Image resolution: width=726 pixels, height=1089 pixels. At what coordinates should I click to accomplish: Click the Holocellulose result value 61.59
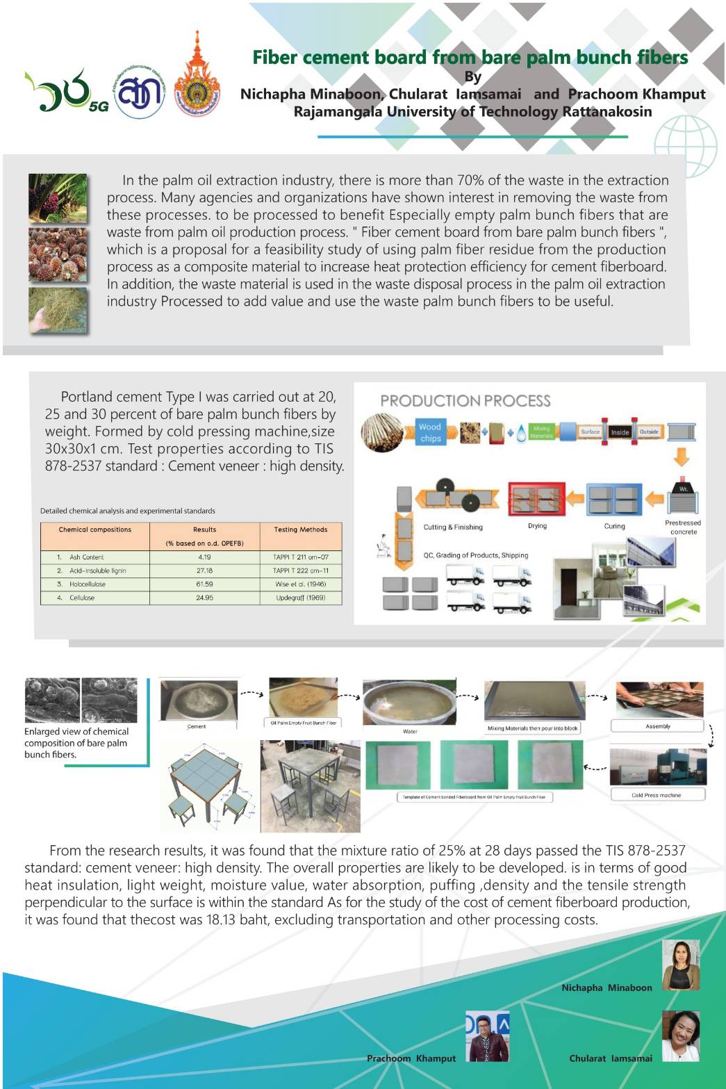204,584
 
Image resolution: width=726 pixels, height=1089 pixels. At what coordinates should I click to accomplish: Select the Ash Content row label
86,557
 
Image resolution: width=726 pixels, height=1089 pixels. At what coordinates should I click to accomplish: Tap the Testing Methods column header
300,530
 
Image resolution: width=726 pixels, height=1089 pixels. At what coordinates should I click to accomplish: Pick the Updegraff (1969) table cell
300,598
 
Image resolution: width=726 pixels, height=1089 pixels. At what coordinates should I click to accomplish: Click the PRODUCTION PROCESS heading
465,401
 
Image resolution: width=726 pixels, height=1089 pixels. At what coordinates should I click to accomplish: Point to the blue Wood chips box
430,432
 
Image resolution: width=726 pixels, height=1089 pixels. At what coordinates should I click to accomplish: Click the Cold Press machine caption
657,795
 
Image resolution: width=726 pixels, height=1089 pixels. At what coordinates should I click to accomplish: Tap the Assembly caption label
657,726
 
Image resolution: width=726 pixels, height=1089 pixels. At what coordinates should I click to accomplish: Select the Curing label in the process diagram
614,526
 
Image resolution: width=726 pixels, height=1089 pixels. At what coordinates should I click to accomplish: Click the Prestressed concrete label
683,527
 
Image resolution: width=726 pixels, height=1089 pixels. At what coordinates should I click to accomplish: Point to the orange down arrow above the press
682,457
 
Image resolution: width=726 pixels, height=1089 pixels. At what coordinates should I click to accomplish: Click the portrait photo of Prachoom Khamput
488,1036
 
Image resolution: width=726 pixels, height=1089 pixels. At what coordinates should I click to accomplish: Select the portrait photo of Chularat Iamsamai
680,1035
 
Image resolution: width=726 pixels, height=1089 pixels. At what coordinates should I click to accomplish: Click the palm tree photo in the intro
58,198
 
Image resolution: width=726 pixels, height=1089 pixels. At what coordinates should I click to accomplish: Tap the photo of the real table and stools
310,786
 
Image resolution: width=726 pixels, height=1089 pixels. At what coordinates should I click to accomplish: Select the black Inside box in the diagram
620,432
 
